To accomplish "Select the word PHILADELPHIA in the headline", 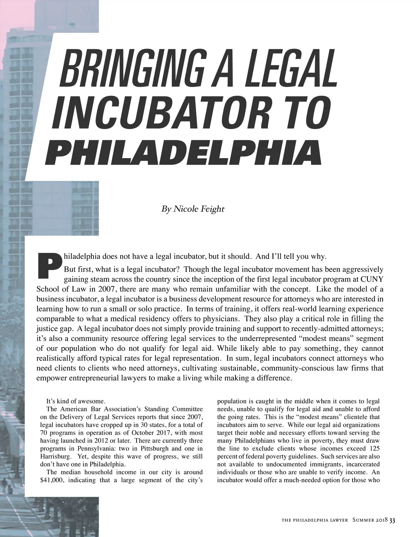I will (183, 153).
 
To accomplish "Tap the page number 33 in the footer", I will (392, 520).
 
